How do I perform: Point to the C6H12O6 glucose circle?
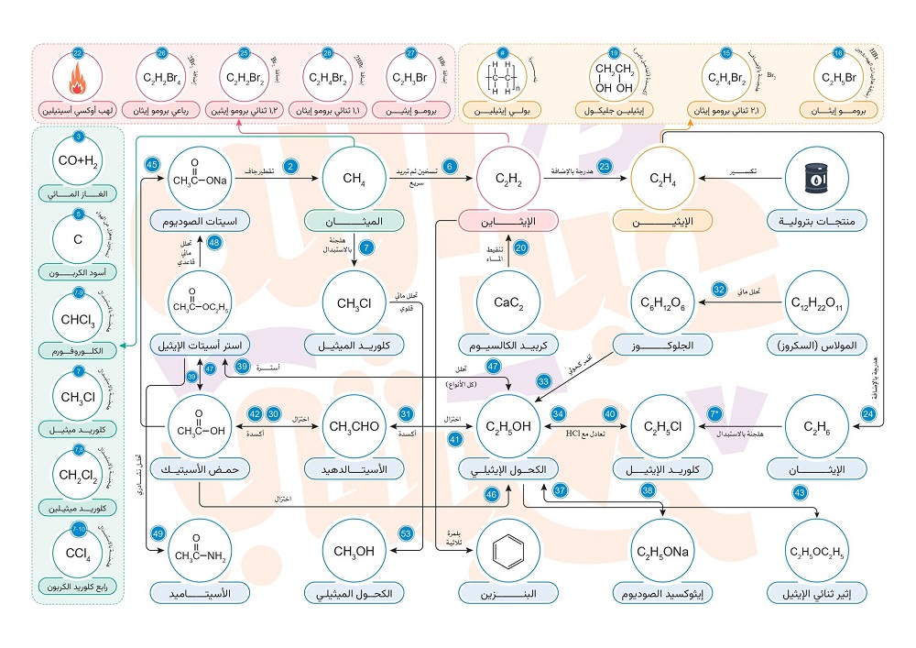pos(663,302)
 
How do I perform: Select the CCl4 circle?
pos(78,553)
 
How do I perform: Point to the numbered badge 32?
pos(719,288)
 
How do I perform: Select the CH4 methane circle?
pos(354,178)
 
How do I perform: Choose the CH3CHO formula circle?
pos(353,427)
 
